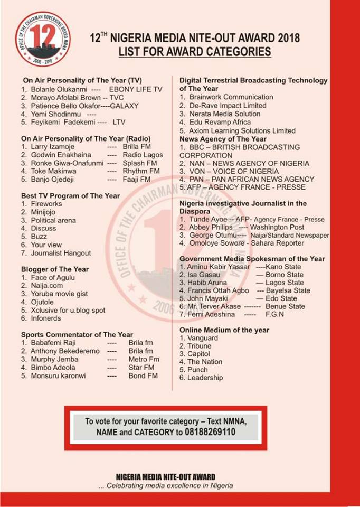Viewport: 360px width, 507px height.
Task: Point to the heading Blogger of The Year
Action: [55, 269]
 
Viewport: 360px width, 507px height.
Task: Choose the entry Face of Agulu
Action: [53, 278]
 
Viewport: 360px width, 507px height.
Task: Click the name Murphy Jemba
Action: [53, 359]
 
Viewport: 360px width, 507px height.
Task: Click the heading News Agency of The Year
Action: [223, 139]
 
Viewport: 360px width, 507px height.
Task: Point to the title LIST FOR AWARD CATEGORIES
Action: [195, 52]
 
